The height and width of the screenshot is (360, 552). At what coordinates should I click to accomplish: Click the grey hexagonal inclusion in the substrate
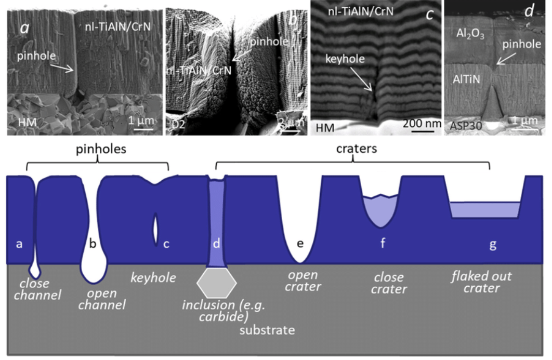pyautogui.click(x=217, y=283)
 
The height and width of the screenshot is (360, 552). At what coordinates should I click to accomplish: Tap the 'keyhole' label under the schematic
pyautogui.click(x=153, y=278)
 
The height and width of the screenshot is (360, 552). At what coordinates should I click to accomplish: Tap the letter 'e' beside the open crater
pyautogui.click(x=299, y=244)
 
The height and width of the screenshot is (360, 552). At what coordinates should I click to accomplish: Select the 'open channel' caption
pyautogui.click(x=102, y=299)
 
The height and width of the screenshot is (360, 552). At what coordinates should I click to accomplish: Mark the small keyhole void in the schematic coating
pyautogui.click(x=156, y=229)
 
